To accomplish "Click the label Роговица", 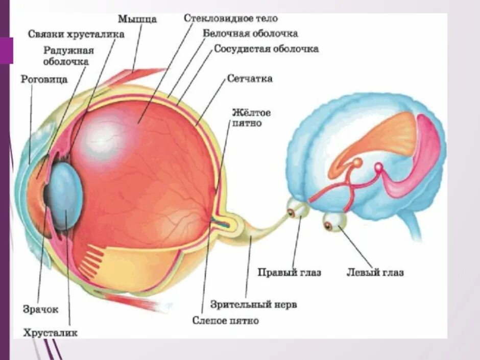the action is click(x=44, y=80).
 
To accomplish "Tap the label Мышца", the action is click(x=137, y=19).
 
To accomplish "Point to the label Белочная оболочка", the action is click(x=250, y=34).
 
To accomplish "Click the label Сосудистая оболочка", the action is click(x=266, y=49).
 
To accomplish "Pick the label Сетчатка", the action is click(x=249, y=79).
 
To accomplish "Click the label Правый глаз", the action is click(x=289, y=273).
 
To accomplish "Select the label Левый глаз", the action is click(x=375, y=273).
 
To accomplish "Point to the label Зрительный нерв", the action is click(x=254, y=305).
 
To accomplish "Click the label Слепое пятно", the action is click(x=225, y=321).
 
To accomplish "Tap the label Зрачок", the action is click(x=40, y=309).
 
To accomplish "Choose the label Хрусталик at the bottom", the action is click(x=50, y=333).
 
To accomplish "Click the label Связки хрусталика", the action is click(x=77, y=34).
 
